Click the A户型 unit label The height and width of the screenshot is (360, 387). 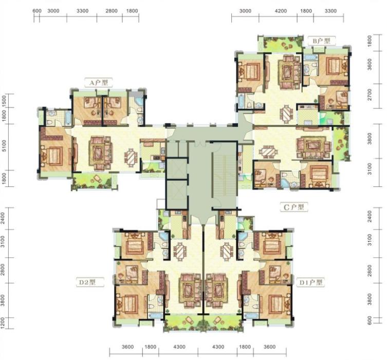(x=99, y=83)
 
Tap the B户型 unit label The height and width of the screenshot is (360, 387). (x=321, y=41)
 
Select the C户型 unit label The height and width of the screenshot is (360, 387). (x=293, y=207)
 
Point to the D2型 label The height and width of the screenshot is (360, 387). (x=87, y=282)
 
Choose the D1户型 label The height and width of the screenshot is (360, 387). (x=311, y=282)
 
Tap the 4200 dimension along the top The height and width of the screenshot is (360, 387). (x=281, y=11)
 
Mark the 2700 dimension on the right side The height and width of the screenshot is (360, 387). (x=370, y=95)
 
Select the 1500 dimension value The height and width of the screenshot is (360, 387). (x=4, y=101)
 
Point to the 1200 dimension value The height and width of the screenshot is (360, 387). (x=3, y=323)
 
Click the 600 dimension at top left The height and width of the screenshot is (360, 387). (x=37, y=11)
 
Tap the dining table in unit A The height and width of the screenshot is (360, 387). (x=131, y=157)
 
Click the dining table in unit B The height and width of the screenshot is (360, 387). (x=286, y=113)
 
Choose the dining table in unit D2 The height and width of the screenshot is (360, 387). (x=180, y=251)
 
